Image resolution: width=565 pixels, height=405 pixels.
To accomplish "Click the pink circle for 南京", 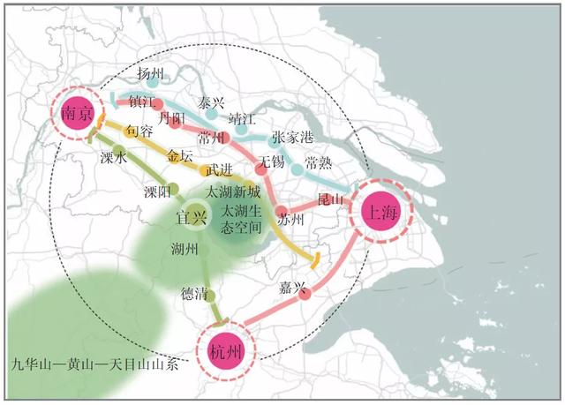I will click(77, 115).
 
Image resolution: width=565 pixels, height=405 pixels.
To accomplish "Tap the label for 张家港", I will click(292, 139).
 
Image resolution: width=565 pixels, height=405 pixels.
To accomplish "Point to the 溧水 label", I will click(115, 158).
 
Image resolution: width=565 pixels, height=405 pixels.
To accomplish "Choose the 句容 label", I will click(139, 131).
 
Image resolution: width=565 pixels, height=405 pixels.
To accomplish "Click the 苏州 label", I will click(290, 218).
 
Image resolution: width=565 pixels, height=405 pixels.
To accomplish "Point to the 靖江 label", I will click(241, 117).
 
